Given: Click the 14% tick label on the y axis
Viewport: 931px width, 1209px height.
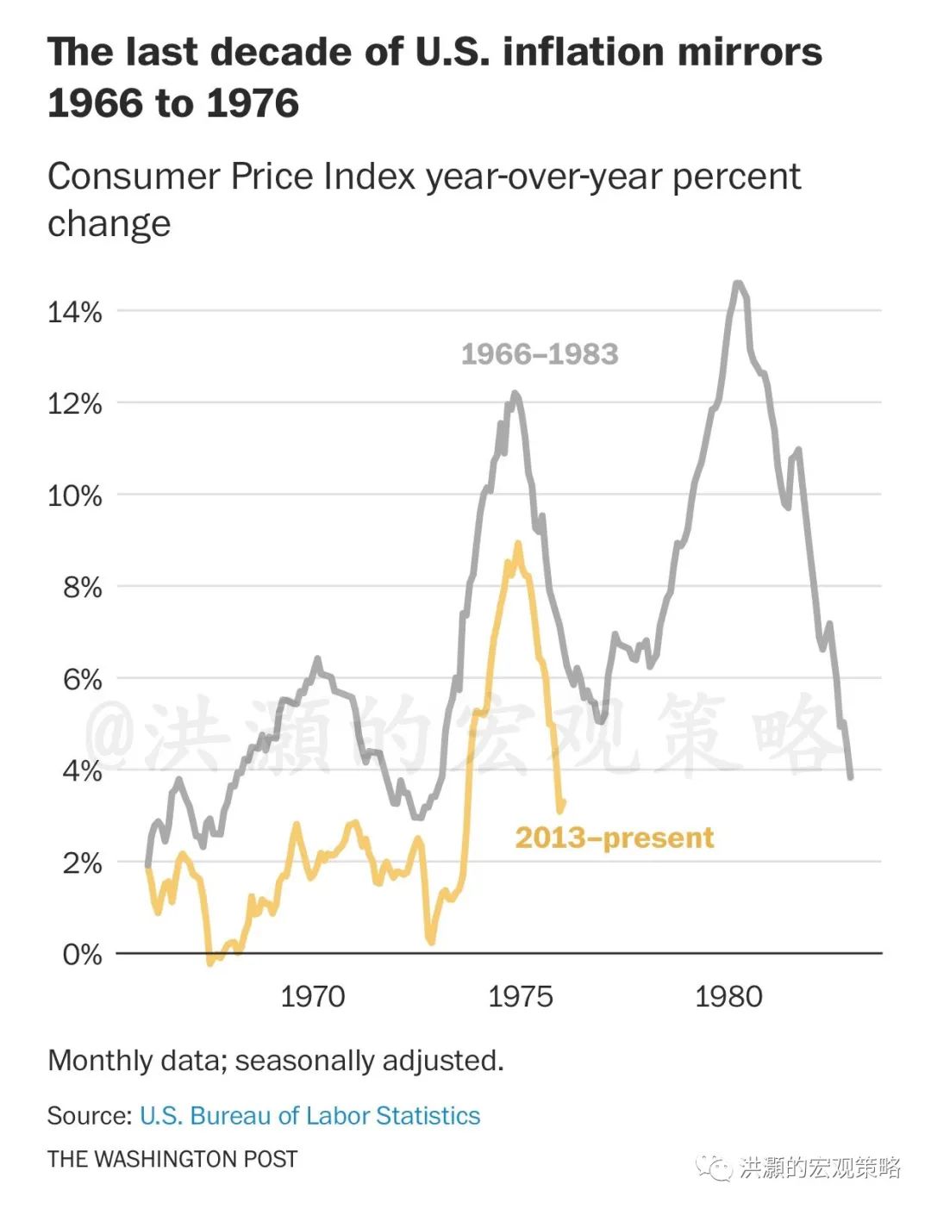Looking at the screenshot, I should pos(74,312).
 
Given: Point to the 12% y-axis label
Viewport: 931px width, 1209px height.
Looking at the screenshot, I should pos(74,404).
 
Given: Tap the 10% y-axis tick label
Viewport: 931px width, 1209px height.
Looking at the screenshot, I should pos(74,496).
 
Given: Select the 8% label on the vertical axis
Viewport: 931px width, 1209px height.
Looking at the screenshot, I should pos(82,588).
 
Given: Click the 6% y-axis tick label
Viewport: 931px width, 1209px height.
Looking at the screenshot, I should pos(82,680).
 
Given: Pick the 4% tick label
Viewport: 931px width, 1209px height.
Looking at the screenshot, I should pos(82,771).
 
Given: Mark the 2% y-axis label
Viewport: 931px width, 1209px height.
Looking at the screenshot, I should pos(82,863).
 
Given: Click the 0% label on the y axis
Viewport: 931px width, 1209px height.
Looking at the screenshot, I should pos(82,955).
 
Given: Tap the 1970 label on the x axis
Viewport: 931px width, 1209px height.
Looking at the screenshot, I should pos(312,997).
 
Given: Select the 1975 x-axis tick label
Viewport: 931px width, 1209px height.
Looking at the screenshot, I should pos(520,997).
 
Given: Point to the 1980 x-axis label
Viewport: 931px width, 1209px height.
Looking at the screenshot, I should pos(728,997).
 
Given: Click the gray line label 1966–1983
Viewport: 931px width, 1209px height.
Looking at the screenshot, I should pos(540,354).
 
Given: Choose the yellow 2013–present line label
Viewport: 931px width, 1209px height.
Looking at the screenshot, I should pos(614,838).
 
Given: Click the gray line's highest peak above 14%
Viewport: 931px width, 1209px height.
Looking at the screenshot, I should pos(737,283).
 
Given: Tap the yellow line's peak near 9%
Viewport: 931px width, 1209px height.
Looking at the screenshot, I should pos(518,544).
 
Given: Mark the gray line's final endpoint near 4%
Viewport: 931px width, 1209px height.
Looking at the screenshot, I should pos(851,777).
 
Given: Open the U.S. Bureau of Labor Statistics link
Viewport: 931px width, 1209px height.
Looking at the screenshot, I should pos(309,1116).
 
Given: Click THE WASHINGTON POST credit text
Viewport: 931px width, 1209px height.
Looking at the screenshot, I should pos(172,1160).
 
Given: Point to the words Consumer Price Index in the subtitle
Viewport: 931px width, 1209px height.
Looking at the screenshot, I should pos(232,177).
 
